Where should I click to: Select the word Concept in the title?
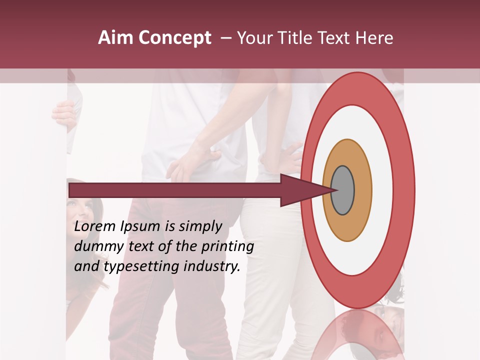coord(174,37)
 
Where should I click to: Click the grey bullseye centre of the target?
coord(342,190)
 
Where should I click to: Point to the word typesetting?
coord(141,267)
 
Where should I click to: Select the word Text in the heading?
coord(336,37)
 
